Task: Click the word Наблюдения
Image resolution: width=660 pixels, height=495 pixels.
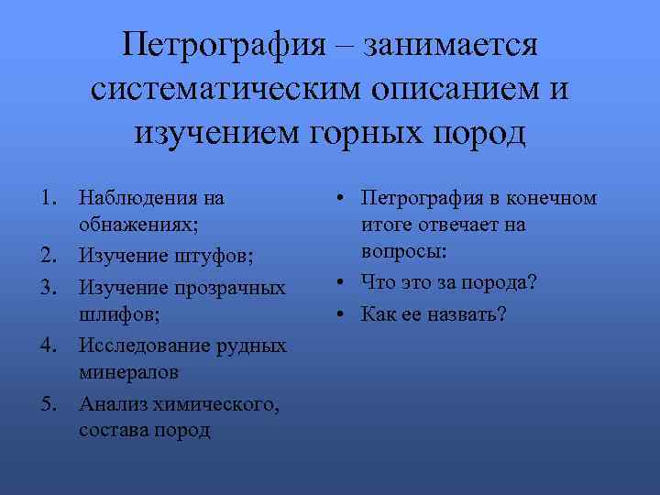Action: [138, 197]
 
